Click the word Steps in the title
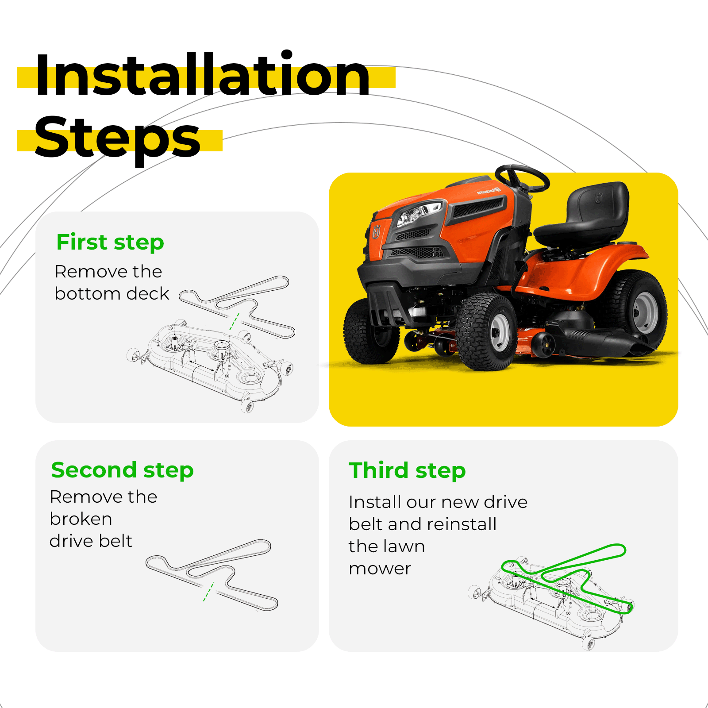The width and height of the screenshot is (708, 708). pyautogui.click(x=118, y=138)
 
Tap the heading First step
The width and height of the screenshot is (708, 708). pyautogui.click(x=110, y=242)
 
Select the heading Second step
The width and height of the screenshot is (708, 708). pyautogui.click(x=122, y=470)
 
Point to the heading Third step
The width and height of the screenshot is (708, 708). pyautogui.click(x=407, y=470)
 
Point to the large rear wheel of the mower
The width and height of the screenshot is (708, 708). pyautogui.click(x=637, y=310)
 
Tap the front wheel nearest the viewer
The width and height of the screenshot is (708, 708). pyautogui.click(x=487, y=332)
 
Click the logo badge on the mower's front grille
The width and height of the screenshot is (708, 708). pyautogui.click(x=377, y=231)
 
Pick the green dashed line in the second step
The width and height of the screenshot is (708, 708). pyautogui.click(x=208, y=592)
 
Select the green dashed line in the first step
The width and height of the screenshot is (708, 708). pyautogui.click(x=235, y=322)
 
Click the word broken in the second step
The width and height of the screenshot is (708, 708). pyautogui.click(x=81, y=519)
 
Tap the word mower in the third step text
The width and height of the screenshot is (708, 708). pyautogui.click(x=380, y=569)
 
